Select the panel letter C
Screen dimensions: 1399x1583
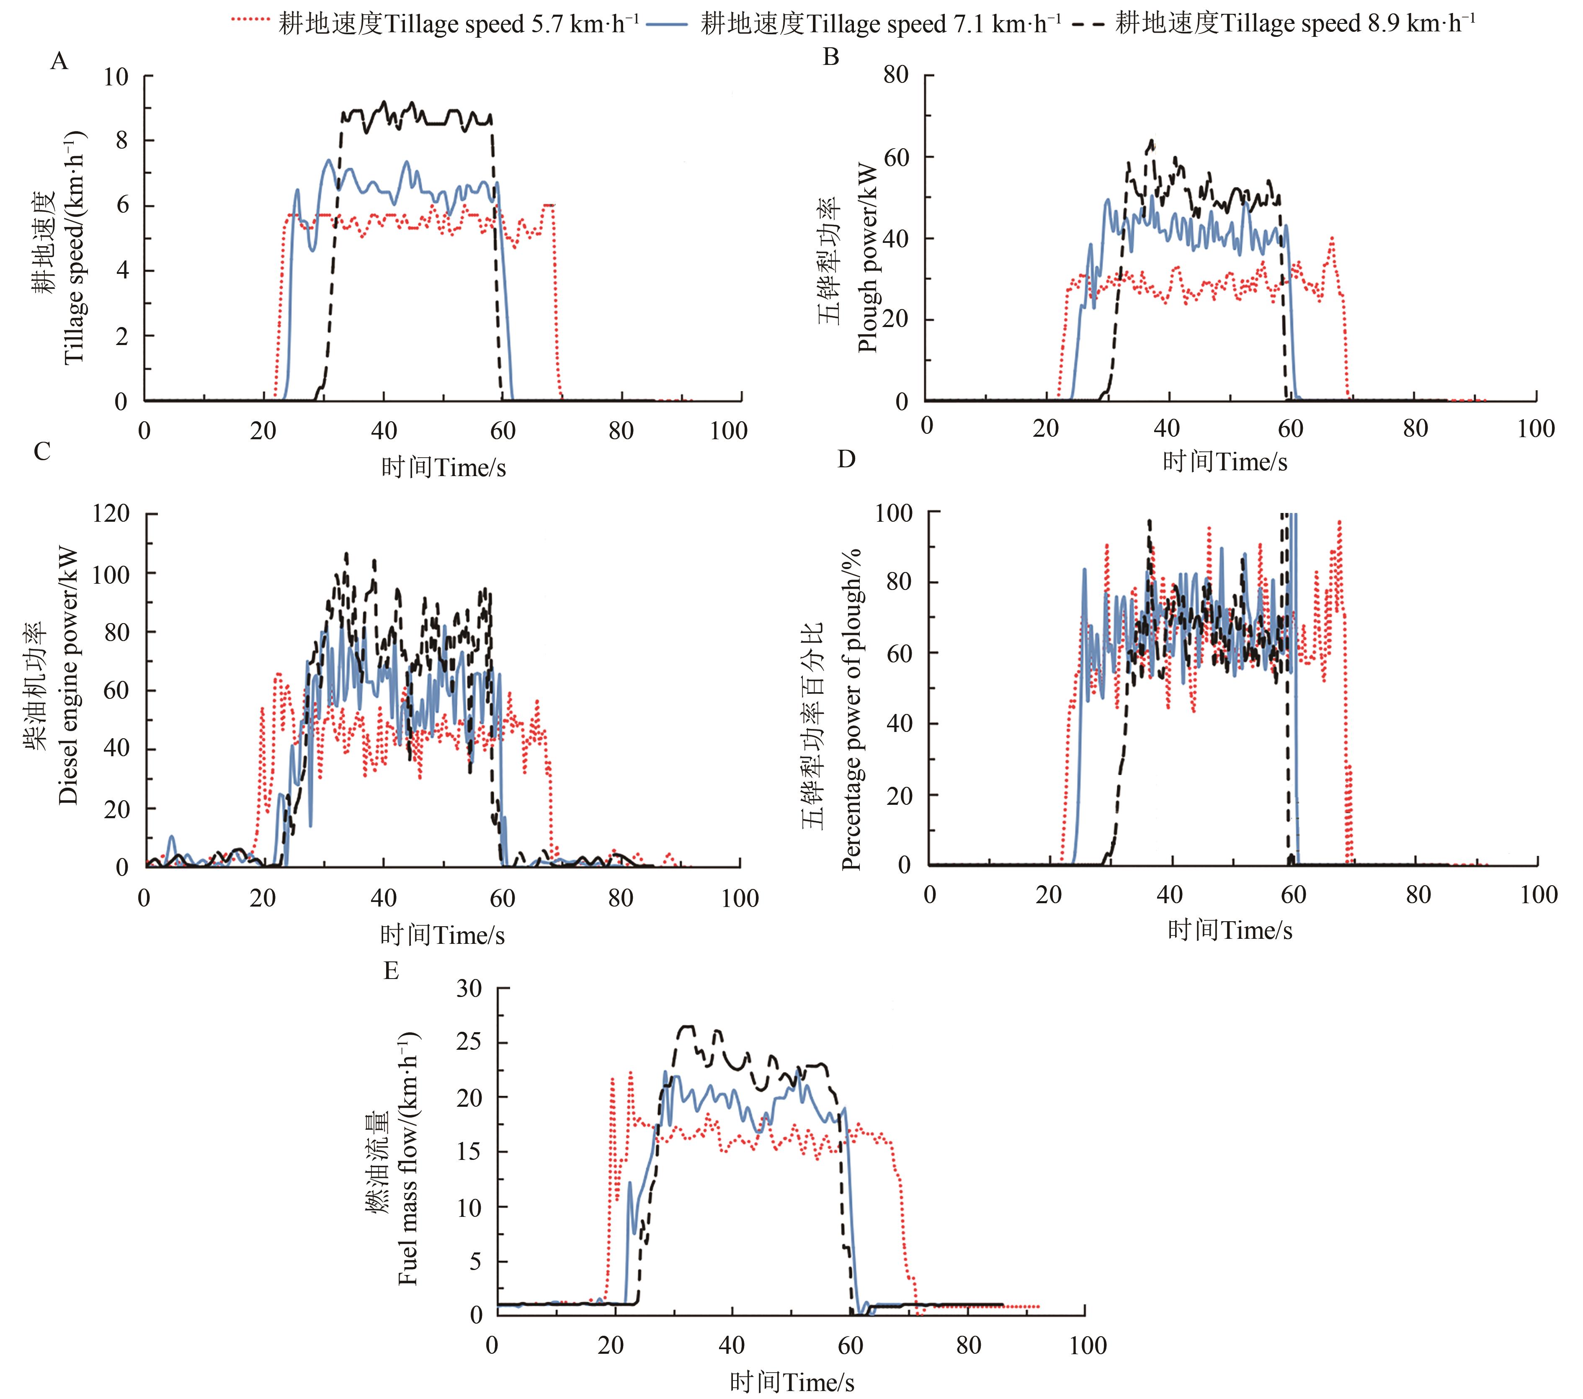coord(43,451)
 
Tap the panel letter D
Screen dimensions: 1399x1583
coord(846,459)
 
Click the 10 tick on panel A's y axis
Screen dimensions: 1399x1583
coord(116,77)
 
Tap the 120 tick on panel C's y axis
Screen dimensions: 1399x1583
coord(110,513)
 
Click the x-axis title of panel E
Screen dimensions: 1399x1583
coord(791,1382)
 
